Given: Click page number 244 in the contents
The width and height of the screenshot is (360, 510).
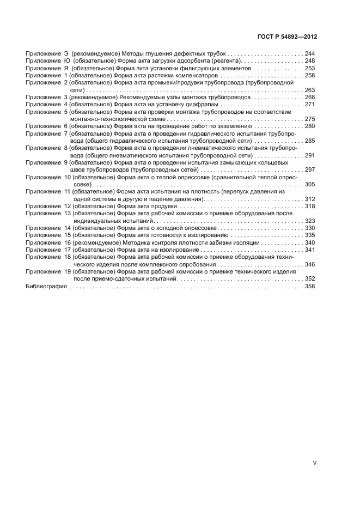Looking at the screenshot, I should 310,54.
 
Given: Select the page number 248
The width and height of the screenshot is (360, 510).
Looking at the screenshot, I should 310,62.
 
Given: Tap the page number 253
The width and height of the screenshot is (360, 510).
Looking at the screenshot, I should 310,69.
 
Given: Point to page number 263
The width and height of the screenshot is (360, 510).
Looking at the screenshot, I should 310,90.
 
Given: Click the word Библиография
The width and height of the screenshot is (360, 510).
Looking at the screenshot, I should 46,286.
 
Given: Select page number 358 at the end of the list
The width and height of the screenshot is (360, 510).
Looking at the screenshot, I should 310,286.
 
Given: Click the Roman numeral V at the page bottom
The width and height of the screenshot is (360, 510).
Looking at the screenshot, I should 314,463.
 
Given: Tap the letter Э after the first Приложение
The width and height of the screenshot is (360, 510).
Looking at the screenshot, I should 66,54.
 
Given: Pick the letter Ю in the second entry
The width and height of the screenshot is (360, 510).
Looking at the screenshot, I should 66,62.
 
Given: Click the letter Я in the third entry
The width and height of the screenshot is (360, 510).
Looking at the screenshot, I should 66,69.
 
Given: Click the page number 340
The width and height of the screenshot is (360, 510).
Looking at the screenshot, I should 310,242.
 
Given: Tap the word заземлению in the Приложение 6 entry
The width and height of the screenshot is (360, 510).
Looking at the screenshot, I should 234,126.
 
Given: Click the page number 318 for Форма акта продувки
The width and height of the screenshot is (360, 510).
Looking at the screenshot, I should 310,207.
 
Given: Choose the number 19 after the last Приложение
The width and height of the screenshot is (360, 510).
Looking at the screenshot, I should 68,271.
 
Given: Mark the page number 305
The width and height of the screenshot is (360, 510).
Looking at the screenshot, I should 310,185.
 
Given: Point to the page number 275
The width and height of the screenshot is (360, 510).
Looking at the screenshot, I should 310,119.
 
